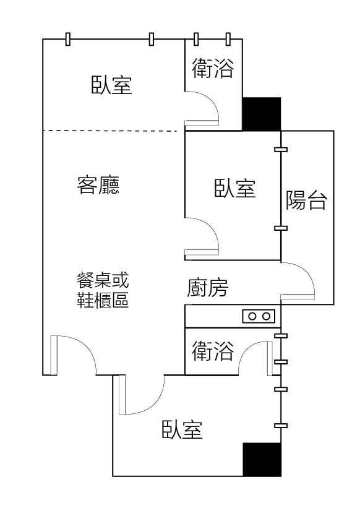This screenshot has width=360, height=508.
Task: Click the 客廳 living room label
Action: click(x=98, y=185)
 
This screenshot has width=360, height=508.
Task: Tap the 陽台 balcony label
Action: click(x=306, y=200)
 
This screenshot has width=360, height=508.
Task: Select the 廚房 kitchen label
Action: click(x=207, y=288)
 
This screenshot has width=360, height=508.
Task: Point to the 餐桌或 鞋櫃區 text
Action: click(x=103, y=290)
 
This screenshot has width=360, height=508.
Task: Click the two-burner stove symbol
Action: click(x=259, y=316)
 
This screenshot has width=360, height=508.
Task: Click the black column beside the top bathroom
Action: click(x=262, y=114)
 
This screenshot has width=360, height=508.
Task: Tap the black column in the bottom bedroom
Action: click(x=262, y=459)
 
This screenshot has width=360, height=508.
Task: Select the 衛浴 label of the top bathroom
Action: click(x=213, y=68)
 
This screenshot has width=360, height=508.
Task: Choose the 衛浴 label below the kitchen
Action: click(x=213, y=351)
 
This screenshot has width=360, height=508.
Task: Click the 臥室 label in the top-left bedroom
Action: click(x=111, y=85)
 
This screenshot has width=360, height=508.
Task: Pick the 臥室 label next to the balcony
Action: click(x=235, y=188)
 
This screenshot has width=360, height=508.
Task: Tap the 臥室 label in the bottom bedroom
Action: click(x=182, y=429)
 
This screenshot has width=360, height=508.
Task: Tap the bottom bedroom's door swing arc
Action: click(x=154, y=405)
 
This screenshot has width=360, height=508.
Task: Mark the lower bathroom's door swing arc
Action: click(x=248, y=349)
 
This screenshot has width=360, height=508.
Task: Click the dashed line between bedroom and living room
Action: click(x=109, y=131)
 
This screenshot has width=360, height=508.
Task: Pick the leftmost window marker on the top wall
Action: click(x=67, y=39)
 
